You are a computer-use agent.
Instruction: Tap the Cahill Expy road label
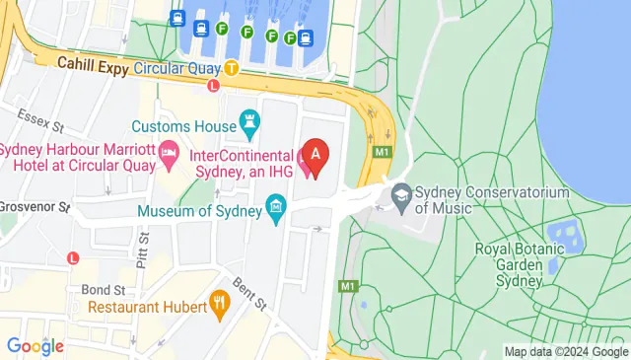coord(93,64)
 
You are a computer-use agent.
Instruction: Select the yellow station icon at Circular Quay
coord(231,69)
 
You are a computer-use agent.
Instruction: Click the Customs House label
coord(183,126)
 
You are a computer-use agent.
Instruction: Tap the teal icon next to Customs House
coord(249,125)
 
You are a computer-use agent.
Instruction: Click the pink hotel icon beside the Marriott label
coord(169,151)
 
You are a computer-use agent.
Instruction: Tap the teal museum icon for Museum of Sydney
coord(276,208)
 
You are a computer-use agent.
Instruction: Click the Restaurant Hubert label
coord(147,307)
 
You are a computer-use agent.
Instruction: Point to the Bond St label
coord(104,290)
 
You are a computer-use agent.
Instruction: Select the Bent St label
coord(242,295)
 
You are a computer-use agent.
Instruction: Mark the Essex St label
coord(44,127)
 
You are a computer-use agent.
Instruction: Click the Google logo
coord(35,346)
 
